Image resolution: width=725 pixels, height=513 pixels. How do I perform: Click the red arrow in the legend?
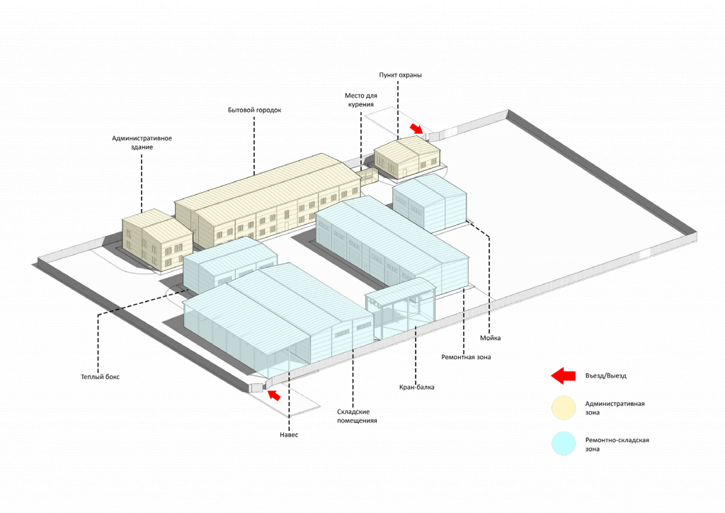[x=564, y=376]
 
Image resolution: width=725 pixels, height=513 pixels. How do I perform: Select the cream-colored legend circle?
[x=564, y=408]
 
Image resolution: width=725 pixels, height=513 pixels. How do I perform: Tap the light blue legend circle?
[x=564, y=444]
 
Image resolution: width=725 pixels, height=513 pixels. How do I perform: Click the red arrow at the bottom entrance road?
[x=274, y=394]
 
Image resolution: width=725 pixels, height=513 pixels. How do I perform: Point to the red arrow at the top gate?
[x=417, y=128]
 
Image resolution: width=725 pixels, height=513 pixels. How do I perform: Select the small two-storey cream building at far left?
[x=156, y=239]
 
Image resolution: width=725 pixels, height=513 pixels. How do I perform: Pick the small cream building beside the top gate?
[x=407, y=157]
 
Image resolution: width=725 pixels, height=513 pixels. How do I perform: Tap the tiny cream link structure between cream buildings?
[x=367, y=174]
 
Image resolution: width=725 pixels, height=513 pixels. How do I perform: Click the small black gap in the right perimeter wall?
[x=644, y=254]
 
